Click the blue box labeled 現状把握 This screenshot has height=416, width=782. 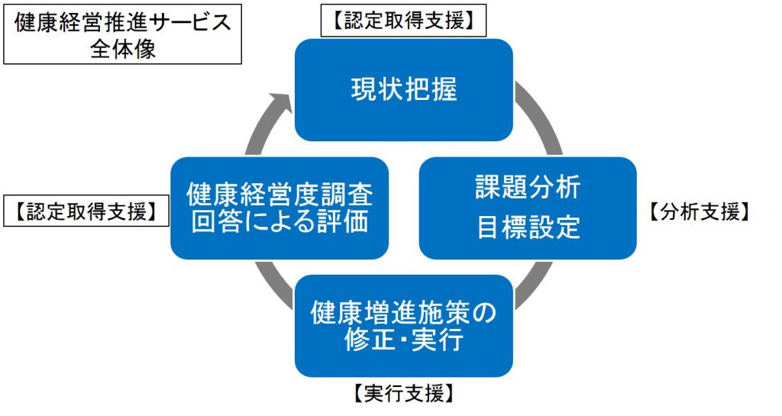click(404, 89)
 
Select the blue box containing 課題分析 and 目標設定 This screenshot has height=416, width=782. click(528, 208)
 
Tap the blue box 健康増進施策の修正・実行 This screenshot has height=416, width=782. click(404, 326)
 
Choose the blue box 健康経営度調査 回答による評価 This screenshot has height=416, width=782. click(280, 208)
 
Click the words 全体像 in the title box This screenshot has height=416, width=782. click(123, 48)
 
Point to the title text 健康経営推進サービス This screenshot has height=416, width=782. click(123, 22)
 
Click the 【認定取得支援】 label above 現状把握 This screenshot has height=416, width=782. click(403, 21)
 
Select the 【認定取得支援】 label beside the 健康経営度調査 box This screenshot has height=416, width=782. click(86, 211)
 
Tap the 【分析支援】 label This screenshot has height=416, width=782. click(699, 211)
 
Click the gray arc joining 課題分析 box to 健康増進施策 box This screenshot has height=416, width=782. click(535, 285)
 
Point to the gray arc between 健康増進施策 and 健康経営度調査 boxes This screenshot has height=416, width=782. click(273, 285)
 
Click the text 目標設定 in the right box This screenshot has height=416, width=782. click(528, 227)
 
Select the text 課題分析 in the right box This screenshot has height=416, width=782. click(528, 188)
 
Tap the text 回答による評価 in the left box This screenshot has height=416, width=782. click(280, 221)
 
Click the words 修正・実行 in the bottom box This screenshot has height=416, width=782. click(404, 340)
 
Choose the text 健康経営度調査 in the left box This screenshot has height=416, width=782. click(280, 195)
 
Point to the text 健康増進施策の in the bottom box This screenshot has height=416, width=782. click(404, 313)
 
